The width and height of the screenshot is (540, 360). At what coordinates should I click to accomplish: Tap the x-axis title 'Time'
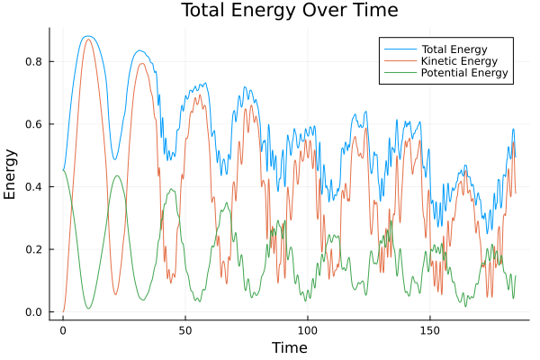point(290,347)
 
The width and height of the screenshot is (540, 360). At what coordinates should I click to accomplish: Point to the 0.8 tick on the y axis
point(34,61)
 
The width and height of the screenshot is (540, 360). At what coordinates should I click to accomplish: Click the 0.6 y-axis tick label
point(34,124)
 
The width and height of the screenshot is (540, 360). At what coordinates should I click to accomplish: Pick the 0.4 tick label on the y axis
point(34,186)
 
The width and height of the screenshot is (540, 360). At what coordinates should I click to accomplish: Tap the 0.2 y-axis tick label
point(34,249)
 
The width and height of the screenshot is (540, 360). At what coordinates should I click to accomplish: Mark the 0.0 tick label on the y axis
point(34,312)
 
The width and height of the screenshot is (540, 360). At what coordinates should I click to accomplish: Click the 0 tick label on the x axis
point(63,329)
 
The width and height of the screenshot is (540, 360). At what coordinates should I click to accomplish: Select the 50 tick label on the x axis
point(185,329)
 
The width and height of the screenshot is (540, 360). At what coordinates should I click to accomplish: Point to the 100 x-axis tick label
point(308,329)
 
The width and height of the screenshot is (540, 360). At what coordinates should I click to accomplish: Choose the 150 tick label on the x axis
point(430,329)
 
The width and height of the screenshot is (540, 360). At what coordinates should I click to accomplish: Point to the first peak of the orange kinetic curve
point(87,40)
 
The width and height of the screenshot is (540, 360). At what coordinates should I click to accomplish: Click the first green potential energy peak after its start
point(116,175)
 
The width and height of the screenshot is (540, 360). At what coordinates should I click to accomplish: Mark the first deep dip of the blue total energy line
point(114,159)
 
